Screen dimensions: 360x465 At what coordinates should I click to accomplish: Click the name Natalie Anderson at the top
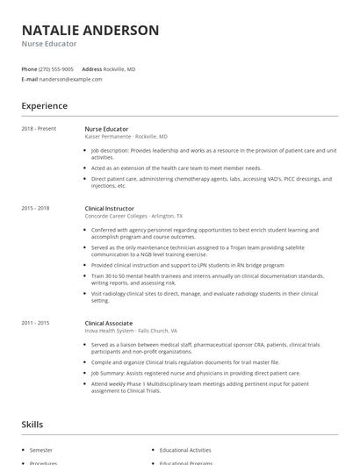tap(90, 30)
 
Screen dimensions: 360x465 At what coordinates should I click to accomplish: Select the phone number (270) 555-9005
tap(56, 68)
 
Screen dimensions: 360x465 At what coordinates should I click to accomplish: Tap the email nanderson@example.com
tap(71, 79)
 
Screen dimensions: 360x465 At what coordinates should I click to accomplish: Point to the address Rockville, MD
tap(119, 68)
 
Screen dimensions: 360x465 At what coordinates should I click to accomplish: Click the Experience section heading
tap(45, 106)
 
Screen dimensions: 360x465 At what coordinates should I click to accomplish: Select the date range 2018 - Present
tap(39, 129)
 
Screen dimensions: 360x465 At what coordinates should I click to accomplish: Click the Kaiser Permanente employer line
tap(126, 137)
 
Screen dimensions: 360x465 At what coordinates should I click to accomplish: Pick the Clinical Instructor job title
tap(110, 208)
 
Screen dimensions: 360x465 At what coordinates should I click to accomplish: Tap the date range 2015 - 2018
tap(36, 208)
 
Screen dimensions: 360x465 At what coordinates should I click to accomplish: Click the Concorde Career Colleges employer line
tap(133, 216)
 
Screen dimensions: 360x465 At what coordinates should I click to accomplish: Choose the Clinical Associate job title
tap(109, 323)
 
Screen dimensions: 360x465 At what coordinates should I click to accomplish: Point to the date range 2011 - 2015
tap(36, 323)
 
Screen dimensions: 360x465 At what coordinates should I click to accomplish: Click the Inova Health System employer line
tap(131, 331)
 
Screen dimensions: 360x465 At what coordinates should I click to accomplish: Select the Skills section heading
tap(33, 425)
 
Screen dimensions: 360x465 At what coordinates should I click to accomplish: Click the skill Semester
tap(41, 449)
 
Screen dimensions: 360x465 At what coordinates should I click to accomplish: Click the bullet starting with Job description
tap(211, 154)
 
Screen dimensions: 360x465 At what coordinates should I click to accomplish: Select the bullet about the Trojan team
tap(211, 250)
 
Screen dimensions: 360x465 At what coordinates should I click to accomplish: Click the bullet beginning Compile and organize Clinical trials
tap(184, 361)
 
